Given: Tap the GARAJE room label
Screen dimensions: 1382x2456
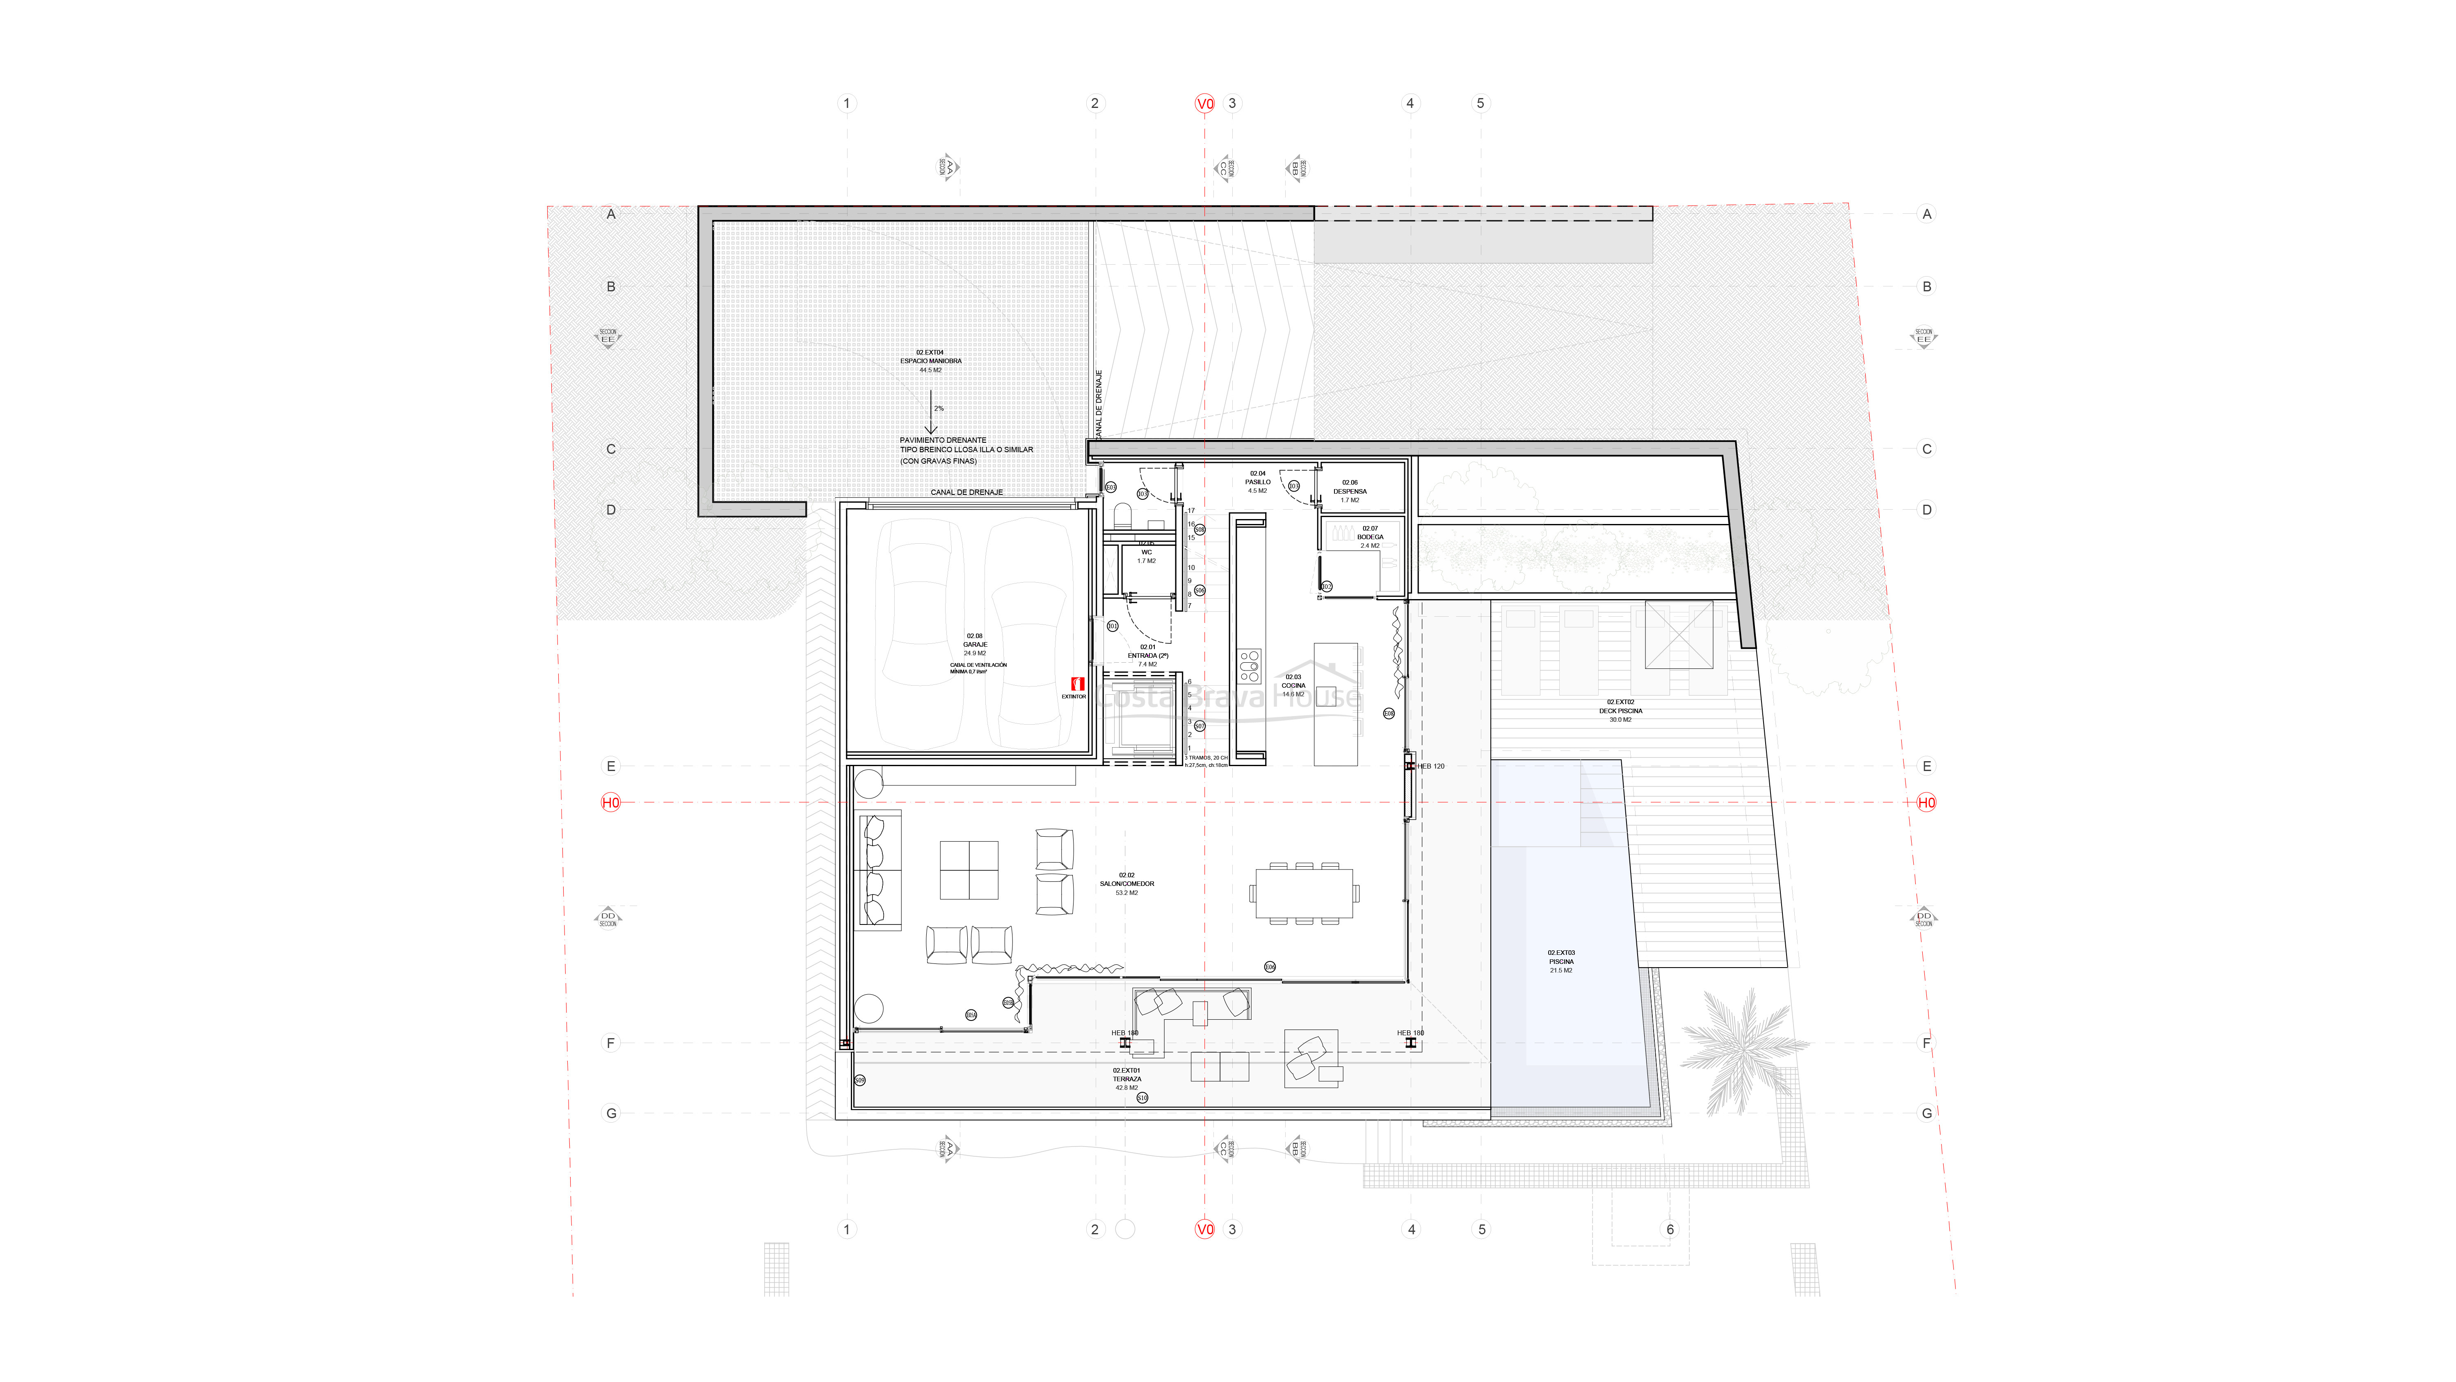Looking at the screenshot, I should (x=974, y=645).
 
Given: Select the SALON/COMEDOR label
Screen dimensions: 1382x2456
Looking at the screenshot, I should (x=1127, y=883).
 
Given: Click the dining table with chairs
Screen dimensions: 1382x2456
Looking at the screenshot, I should (x=1304, y=893).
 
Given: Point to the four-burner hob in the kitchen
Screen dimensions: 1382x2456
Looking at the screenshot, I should (x=1249, y=665).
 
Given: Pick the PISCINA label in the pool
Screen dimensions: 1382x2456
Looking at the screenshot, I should (x=1561, y=961).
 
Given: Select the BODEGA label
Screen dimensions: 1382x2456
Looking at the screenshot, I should (x=1370, y=537).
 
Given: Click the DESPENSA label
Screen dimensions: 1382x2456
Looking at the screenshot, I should (x=1350, y=491).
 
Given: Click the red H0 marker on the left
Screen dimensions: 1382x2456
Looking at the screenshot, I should (x=610, y=802).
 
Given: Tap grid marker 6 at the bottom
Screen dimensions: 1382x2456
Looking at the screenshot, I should (x=1670, y=1229).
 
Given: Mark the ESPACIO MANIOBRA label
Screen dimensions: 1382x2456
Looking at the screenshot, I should (x=930, y=361).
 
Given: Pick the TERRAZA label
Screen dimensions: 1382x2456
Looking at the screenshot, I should (x=1127, y=1079).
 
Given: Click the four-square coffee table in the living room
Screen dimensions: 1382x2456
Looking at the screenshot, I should (x=969, y=870).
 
